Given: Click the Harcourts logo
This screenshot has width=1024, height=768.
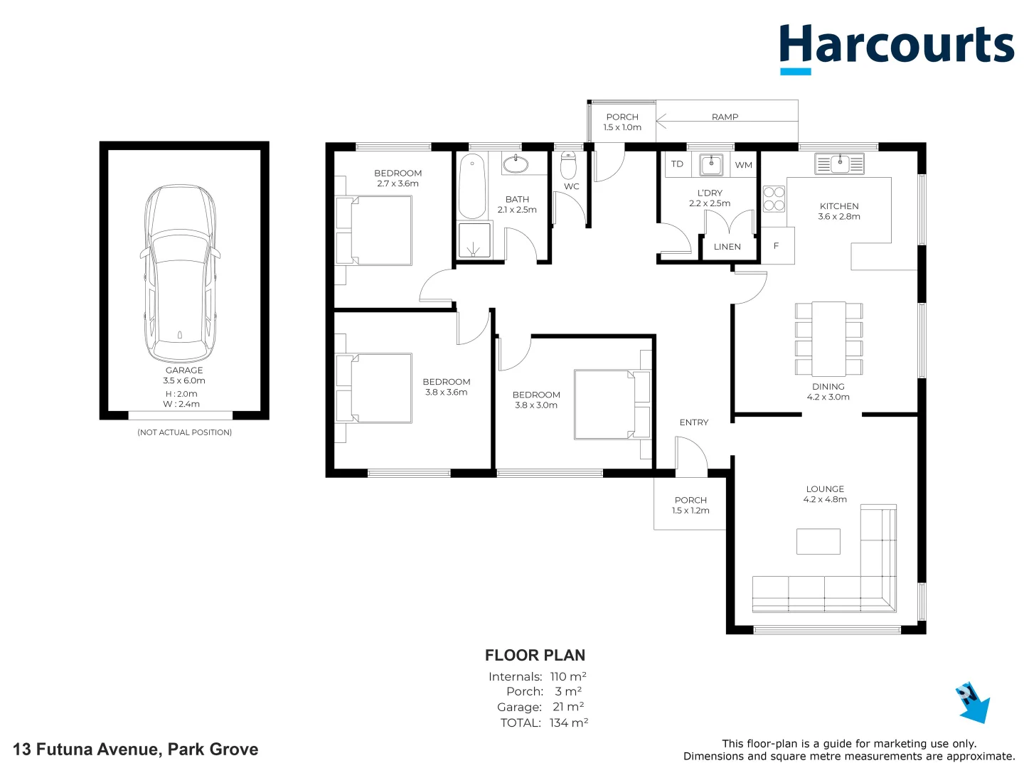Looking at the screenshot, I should pos(896,47).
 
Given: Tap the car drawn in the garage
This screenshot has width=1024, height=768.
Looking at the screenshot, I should pos(181,273).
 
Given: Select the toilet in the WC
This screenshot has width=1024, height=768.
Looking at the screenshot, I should pos(568,166).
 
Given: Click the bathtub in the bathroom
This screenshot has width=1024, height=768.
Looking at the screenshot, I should pos(472,187).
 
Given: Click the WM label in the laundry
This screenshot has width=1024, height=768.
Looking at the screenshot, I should pos(744,165).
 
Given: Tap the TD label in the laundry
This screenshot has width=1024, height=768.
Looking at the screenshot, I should pos(677,164).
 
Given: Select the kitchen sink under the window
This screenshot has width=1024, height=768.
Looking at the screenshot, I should pos(839,164).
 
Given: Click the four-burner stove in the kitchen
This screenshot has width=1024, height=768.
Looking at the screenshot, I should pos(774,199).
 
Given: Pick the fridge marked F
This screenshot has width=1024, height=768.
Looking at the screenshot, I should pos(777,246).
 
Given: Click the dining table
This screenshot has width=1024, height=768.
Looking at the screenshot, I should pos(828,338).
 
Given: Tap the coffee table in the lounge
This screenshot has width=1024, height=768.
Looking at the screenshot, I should pos(818,541).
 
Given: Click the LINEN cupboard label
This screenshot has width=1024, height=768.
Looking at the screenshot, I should pos(727,247).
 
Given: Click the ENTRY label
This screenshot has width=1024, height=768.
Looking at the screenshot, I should pos(693,422).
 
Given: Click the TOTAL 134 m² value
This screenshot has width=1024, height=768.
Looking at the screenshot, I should pos(568,723).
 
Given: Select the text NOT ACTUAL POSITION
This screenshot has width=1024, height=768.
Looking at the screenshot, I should pos(184,432).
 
